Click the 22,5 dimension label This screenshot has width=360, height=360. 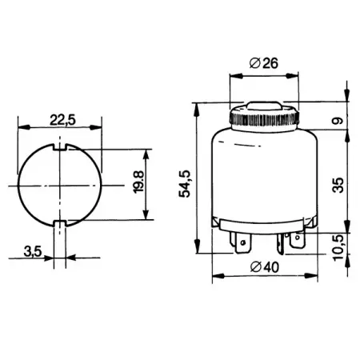[x=62, y=120]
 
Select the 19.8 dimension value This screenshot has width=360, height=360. [x=138, y=182]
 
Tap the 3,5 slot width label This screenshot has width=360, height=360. [x=33, y=251]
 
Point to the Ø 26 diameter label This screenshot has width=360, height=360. [x=264, y=63]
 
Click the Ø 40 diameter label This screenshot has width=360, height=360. [x=265, y=267]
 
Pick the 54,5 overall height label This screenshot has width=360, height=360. [x=185, y=183]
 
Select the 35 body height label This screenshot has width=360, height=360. [x=338, y=185]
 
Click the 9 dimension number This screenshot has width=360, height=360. [x=338, y=121]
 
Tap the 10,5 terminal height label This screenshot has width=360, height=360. [x=338, y=247]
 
